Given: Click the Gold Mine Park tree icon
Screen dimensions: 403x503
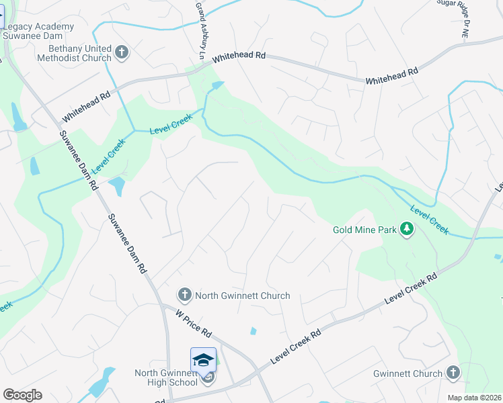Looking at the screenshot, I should (x=406, y=230).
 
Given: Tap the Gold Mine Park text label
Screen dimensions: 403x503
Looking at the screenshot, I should (x=364, y=230).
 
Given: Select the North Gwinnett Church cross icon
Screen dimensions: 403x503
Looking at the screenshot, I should (x=184, y=295).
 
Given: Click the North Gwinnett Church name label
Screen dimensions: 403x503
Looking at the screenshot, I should (x=242, y=296).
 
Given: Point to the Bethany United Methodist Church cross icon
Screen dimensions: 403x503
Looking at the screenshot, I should (x=121, y=52).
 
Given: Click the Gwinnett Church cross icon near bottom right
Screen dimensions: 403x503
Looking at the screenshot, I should (x=453, y=373).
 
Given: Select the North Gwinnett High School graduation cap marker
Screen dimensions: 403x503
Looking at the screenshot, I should (x=203, y=361).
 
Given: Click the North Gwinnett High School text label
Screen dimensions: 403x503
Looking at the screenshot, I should (x=165, y=378).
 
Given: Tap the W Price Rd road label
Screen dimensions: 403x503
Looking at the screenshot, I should (x=194, y=323).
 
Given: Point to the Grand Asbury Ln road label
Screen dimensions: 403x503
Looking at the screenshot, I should (x=200, y=26).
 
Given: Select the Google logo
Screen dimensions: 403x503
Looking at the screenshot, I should (x=22, y=395).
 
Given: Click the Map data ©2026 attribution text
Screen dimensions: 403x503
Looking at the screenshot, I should (x=474, y=398).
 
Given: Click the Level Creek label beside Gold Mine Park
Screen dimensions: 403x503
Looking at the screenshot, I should (x=429, y=218).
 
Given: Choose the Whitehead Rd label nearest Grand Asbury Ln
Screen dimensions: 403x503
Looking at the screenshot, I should (x=239, y=58).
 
